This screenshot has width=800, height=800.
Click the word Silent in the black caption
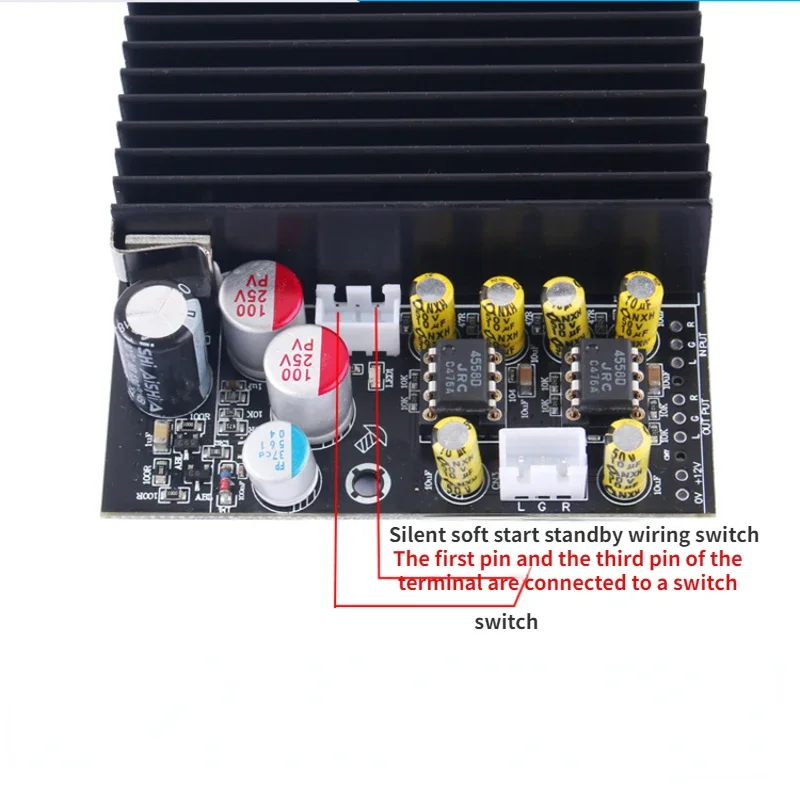416,535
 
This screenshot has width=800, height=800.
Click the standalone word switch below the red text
506,622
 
